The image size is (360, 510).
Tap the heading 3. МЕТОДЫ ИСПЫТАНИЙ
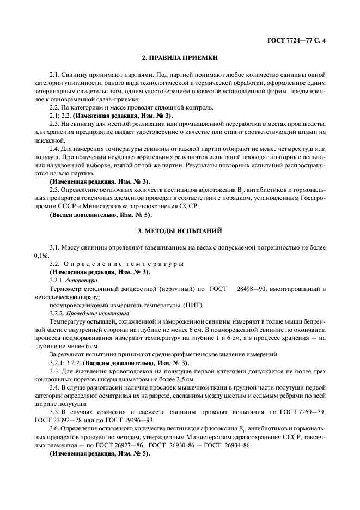pos(180,232)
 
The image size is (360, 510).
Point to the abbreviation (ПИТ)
pos(191,305)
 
